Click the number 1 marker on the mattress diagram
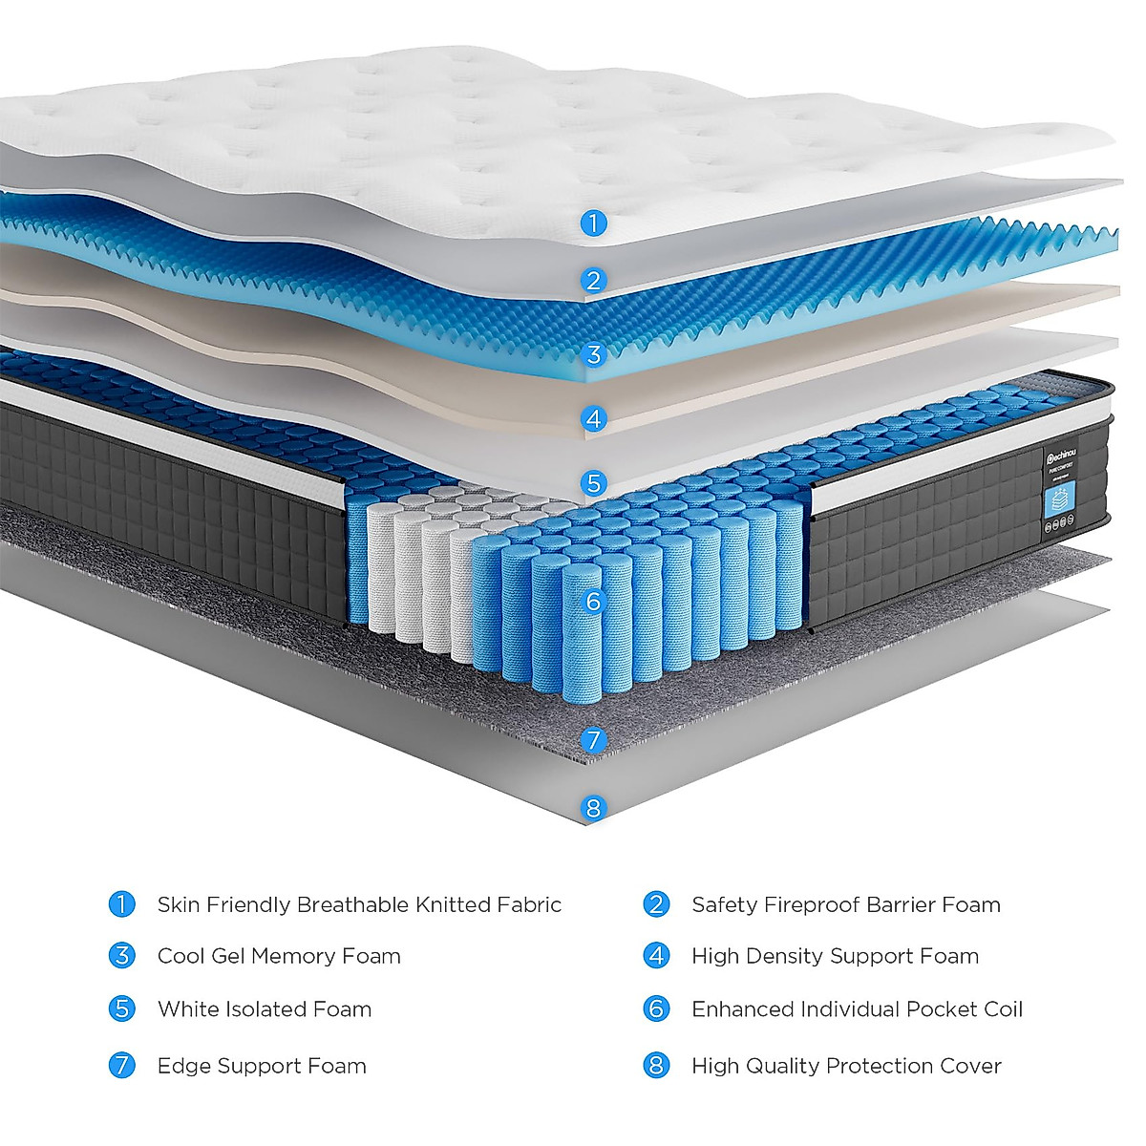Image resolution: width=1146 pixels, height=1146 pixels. click(593, 223)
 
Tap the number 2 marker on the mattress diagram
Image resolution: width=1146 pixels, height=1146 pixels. click(593, 280)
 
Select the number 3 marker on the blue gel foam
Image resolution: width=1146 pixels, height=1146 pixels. click(593, 355)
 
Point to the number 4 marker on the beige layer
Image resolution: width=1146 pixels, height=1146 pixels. click(593, 418)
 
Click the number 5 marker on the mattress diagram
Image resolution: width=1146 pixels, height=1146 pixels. click(593, 482)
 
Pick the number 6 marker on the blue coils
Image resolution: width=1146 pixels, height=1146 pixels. click(593, 601)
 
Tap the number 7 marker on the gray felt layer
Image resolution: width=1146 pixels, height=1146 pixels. click(593, 739)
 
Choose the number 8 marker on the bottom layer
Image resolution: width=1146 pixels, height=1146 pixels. click(593, 808)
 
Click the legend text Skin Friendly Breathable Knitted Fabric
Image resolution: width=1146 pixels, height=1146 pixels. click(359, 904)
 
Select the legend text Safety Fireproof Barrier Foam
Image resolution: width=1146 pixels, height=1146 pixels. click(846, 904)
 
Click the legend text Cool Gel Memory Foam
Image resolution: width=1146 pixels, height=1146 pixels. click(279, 956)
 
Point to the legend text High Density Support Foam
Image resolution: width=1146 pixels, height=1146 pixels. click(835, 956)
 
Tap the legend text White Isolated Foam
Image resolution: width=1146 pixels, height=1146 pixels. click(265, 1009)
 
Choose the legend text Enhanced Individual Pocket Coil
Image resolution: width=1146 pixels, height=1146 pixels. click(857, 1009)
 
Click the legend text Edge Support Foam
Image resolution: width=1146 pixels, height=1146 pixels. click(262, 1066)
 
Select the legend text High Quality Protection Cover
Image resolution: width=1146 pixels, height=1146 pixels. click(846, 1066)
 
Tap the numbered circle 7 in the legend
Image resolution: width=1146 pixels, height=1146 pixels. click(122, 1065)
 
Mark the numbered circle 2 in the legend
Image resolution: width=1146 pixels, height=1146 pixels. click(656, 903)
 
